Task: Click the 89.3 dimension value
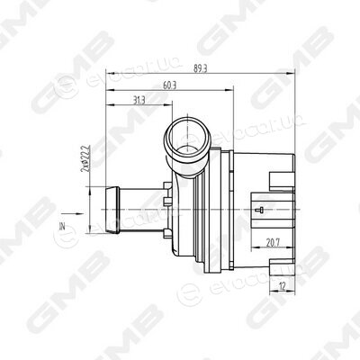tap(201, 68)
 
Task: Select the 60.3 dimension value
tap(169, 85)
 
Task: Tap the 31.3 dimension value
tap(139, 101)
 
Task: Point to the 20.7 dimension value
tap(273, 243)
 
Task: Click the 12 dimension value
tap(282, 286)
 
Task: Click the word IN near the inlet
tap(62, 226)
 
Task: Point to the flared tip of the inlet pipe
tap(112, 210)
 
